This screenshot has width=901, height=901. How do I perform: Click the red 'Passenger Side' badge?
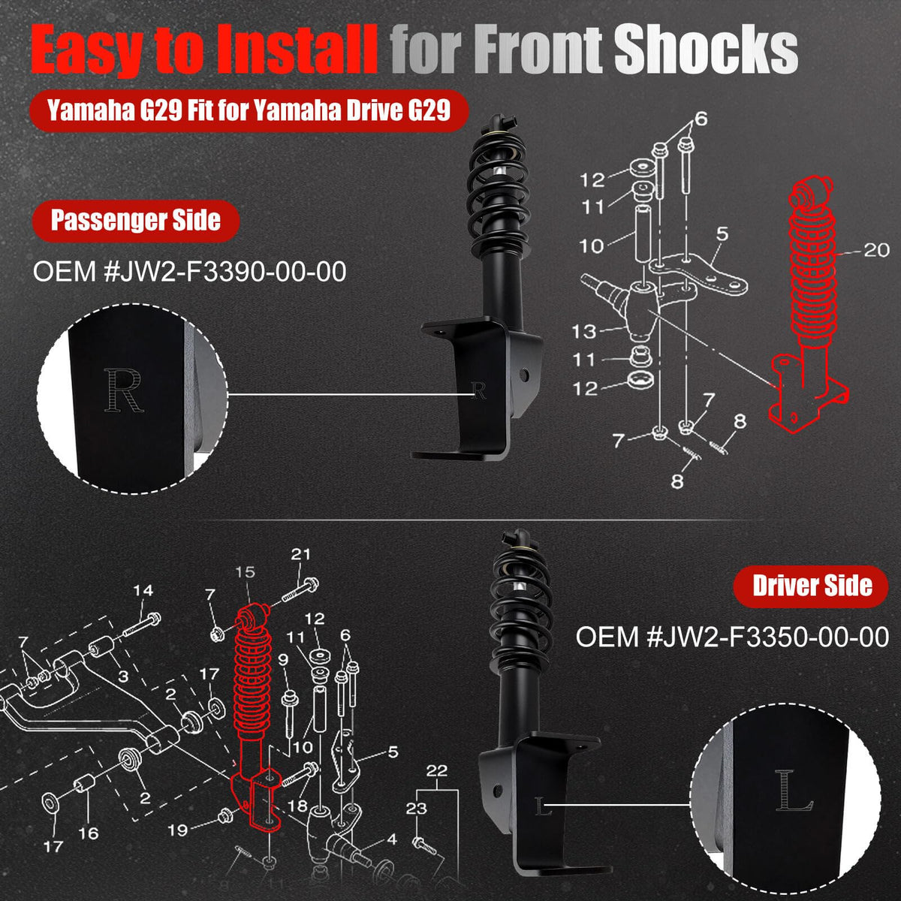[136, 220]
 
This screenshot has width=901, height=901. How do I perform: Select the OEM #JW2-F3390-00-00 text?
[189, 272]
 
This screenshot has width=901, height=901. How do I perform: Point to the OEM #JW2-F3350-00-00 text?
[732, 637]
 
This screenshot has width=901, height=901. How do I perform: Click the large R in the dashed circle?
[123, 390]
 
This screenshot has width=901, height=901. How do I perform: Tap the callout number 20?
[876, 250]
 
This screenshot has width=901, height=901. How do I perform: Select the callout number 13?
[584, 332]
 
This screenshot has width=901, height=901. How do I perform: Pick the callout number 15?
[246, 572]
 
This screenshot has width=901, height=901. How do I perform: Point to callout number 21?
[300, 555]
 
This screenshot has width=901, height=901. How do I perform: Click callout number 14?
[143, 591]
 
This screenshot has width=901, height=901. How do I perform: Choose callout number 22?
[437, 770]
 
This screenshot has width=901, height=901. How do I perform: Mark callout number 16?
[88, 833]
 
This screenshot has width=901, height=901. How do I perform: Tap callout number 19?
[178, 830]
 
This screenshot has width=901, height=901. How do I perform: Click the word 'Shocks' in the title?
[706, 49]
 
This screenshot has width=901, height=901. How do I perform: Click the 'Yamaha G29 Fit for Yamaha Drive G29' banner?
[249, 111]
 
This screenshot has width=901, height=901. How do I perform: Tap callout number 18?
[297, 806]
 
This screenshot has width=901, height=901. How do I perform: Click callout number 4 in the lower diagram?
[392, 839]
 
